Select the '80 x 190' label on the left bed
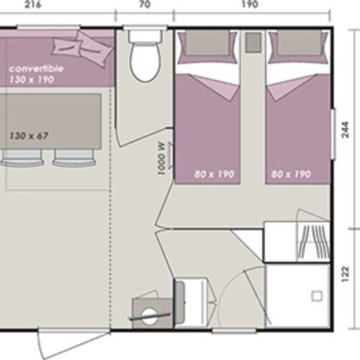click(214, 173)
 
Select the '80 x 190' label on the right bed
click(290, 173)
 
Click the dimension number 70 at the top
click(144, 4)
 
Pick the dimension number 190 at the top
click(250, 4)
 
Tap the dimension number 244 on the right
click(346, 131)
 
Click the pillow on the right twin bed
click(289, 43)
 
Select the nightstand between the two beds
click(253, 42)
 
